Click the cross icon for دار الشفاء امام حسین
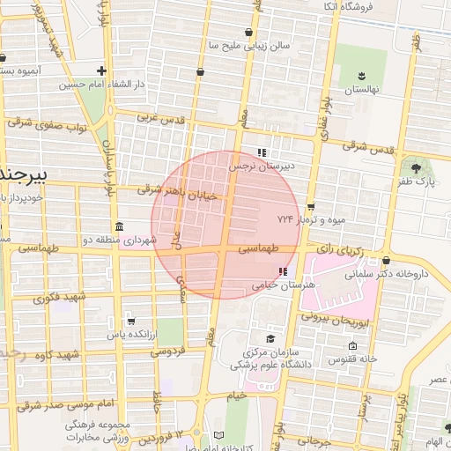(x=102, y=71)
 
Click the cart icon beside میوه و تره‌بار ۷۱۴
(x=310, y=206)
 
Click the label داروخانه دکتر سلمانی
(x=390, y=274)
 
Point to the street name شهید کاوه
(x=56, y=355)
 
